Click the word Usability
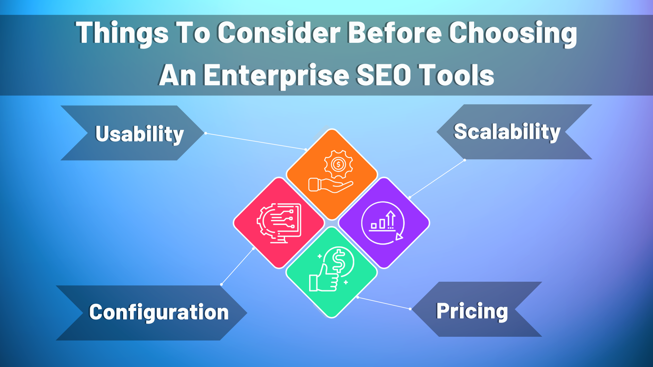point(139,134)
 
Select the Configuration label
point(158,312)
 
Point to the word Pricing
point(472,311)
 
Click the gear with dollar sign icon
point(338,165)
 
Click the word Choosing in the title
point(513,33)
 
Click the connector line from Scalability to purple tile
point(437,178)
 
